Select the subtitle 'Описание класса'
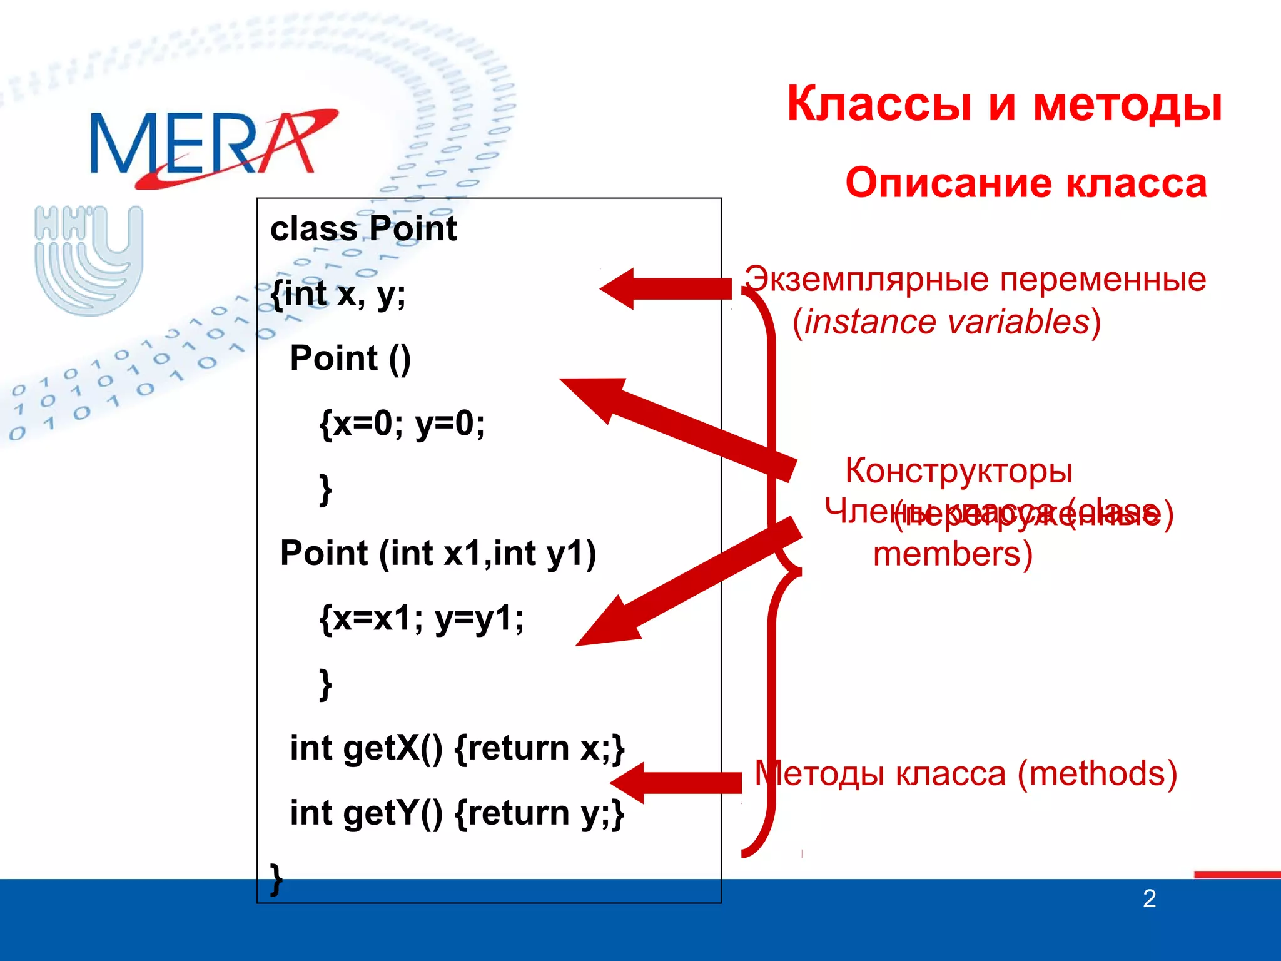click(x=1026, y=183)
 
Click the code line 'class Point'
click(x=363, y=228)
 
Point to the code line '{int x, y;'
click(x=338, y=293)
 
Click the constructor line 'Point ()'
click(x=350, y=358)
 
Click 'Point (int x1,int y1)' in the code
click(x=438, y=553)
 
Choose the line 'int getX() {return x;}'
click(x=457, y=748)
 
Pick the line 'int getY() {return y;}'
click(x=457, y=813)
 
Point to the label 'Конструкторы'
click(x=959, y=470)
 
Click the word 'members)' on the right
click(x=953, y=554)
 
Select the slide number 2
click(x=1149, y=899)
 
